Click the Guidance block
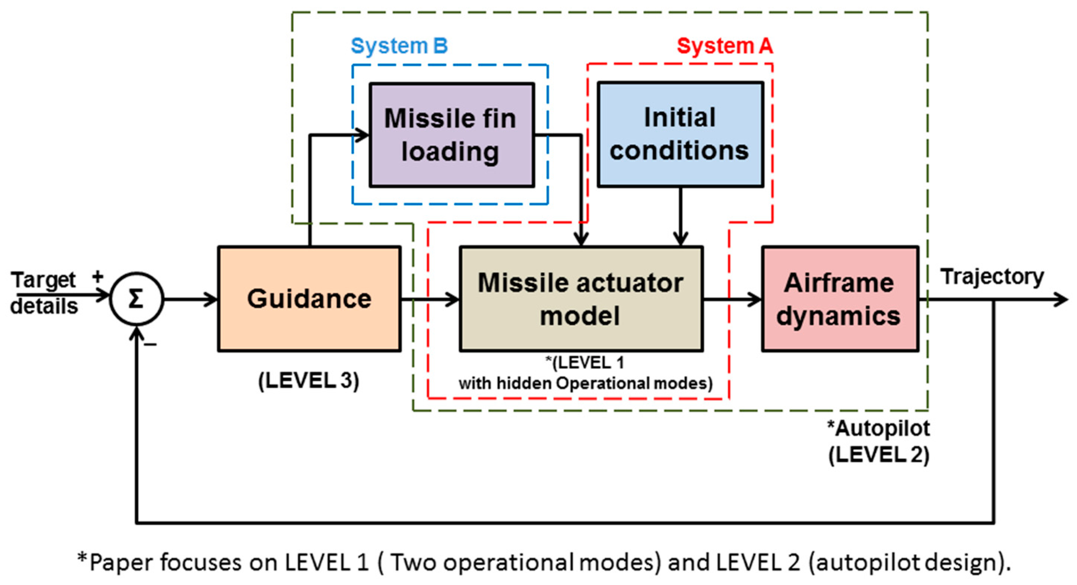coord(309,299)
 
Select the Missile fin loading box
coord(451,134)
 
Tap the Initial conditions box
coord(680,134)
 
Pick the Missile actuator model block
coord(581,299)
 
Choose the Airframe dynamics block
coord(840,299)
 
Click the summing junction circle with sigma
coord(136,299)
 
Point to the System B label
coord(399,45)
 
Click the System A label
coord(725,45)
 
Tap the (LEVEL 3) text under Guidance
coord(308,380)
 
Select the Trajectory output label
coord(992,277)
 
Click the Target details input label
coord(44,293)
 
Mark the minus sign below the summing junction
coord(150,345)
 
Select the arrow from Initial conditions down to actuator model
coord(680,217)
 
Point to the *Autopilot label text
coord(878,428)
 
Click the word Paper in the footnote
coord(121,562)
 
